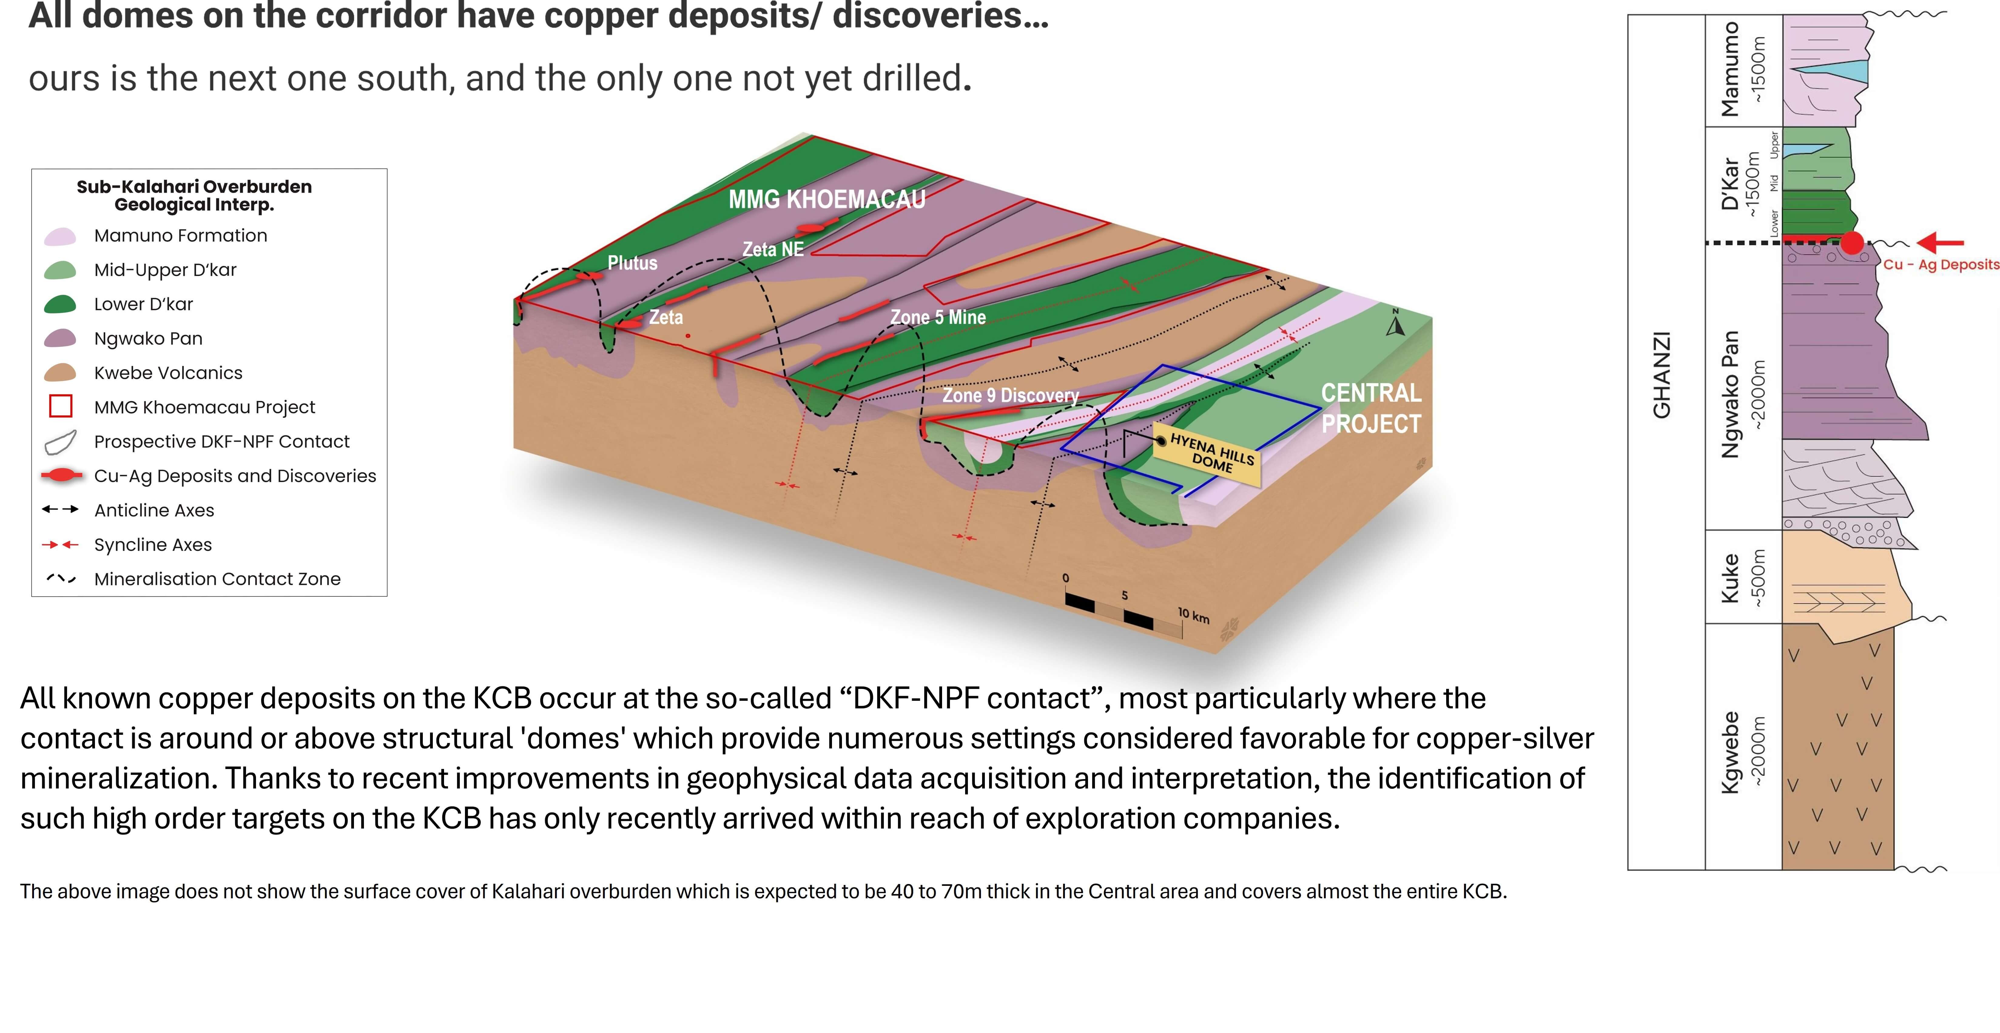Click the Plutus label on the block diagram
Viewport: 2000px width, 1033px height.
(632, 263)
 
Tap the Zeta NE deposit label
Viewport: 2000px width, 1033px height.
(773, 249)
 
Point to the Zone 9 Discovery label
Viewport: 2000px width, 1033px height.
(1010, 395)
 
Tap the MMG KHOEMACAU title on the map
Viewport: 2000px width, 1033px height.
(827, 200)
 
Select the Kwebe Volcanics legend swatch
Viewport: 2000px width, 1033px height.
(61, 373)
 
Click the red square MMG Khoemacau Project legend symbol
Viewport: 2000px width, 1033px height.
(61, 406)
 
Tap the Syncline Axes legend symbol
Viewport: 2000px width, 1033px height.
(61, 545)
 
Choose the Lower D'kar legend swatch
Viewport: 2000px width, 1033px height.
(61, 305)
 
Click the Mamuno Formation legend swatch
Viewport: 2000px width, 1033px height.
(61, 236)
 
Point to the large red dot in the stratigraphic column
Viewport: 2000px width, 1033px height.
(1852, 243)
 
